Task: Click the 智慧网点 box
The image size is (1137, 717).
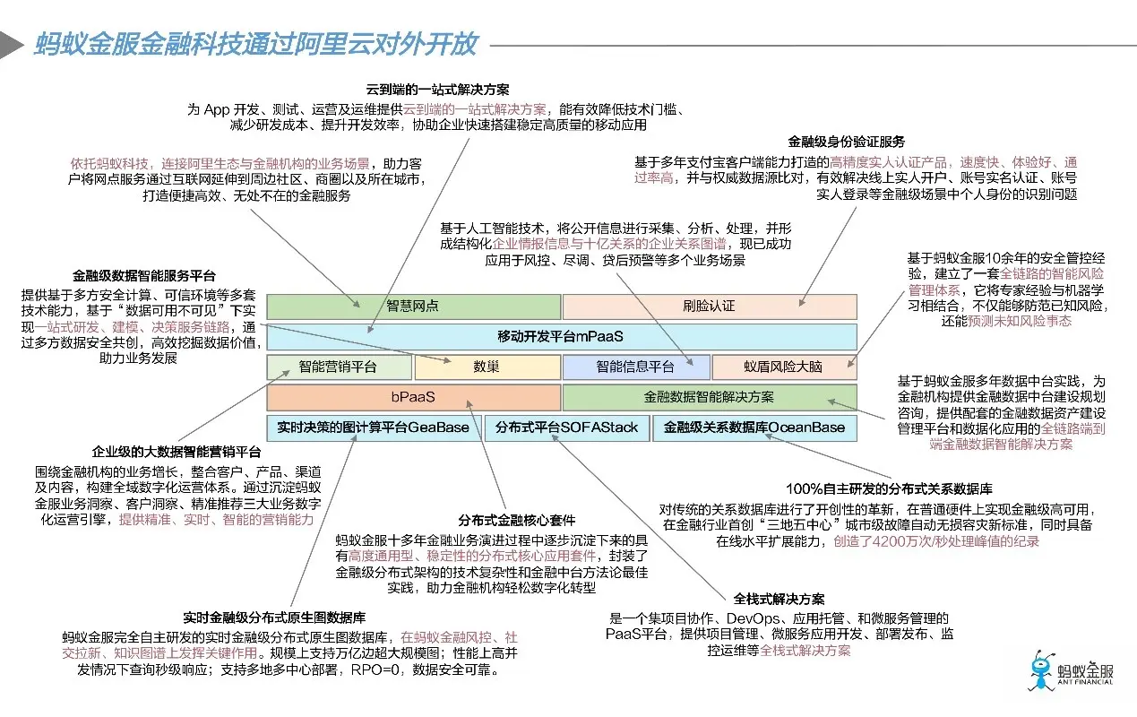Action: pos(413,306)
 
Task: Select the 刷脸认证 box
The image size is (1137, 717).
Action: pos(709,306)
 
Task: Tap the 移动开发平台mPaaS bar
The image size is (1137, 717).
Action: pos(561,336)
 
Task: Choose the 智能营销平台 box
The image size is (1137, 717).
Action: pos(338,367)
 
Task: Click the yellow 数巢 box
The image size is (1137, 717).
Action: pos(487,367)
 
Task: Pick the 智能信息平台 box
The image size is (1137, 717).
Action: pos(635,367)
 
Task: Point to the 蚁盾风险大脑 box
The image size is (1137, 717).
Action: pos(784,367)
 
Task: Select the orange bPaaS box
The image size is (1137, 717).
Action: pos(413,397)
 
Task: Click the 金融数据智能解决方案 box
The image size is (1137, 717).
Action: pos(709,397)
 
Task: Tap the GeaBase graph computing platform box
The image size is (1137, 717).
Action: pos(373,428)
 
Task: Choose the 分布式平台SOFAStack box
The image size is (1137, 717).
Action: pos(566,428)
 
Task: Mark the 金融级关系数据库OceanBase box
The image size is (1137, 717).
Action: pos(754,428)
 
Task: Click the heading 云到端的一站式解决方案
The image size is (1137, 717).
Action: pos(438,90)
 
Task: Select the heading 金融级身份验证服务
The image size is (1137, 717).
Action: pos(847,142)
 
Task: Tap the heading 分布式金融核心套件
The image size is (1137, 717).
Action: pos(517,520)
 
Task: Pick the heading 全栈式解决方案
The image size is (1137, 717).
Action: pos(780,599)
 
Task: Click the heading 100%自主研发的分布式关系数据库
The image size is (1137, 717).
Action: pos(889,488)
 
